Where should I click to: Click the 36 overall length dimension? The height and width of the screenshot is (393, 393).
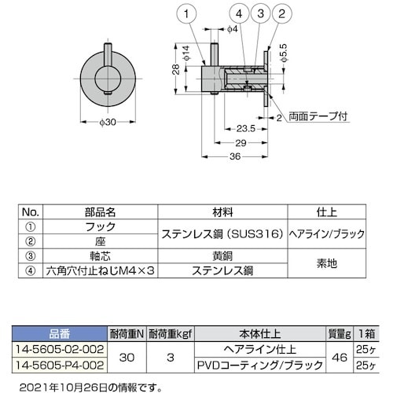point(233,157)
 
